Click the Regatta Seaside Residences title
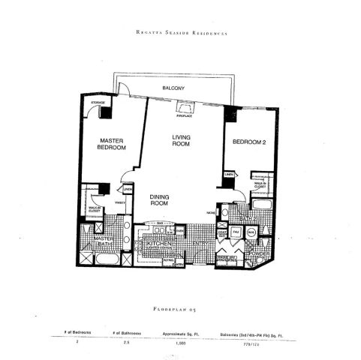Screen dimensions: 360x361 (181, 34)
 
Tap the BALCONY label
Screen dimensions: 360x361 (173, 88)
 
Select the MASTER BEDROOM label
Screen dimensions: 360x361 (110, 143)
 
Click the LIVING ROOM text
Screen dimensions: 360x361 (182, 140)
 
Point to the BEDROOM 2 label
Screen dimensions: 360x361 (247, 142)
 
